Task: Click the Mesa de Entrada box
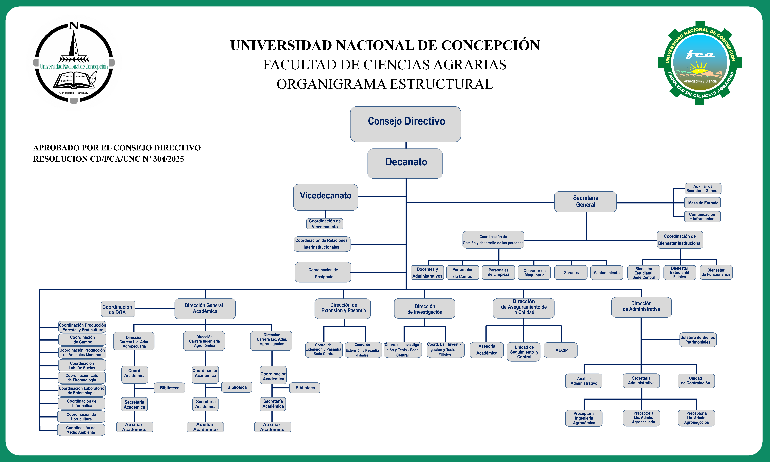(702, 203)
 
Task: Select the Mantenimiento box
(606, 272)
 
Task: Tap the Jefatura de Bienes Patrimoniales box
(698, 340)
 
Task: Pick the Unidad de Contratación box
(696, 380)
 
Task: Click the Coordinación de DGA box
(118, 309)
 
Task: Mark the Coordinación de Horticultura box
(81, 417)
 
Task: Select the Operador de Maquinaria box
(534, 272)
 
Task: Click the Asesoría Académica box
(486, 350)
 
